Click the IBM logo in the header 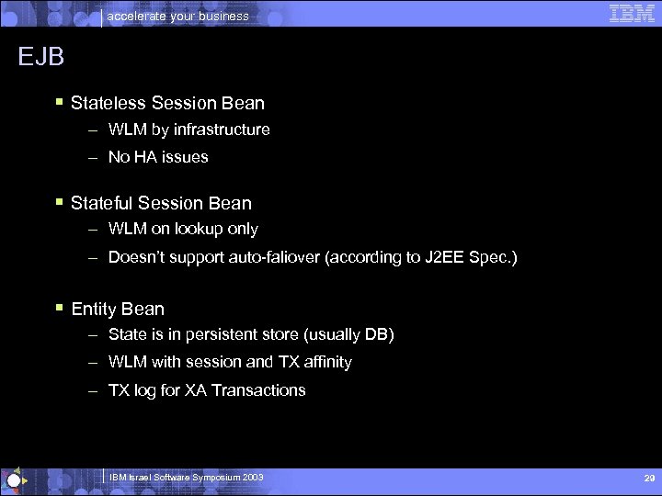pos(632,13)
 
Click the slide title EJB pos(41,57)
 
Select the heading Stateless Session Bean pos(167,103)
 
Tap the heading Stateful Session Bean pos(161,203)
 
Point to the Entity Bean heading pos(118,309)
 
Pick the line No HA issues pos(158,157)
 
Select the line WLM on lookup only pos(183,229)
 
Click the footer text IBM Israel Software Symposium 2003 pos(187,478)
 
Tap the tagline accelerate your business pos(178,16)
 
